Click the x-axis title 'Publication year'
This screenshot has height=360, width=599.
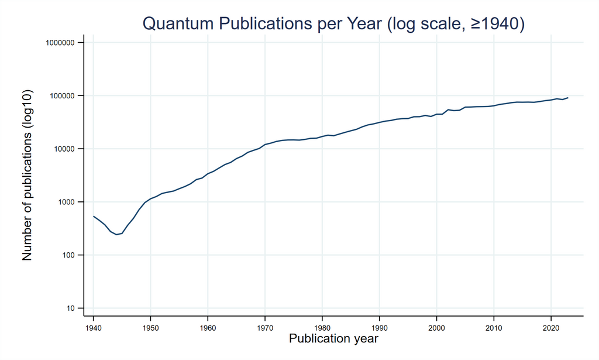tap(334, 339)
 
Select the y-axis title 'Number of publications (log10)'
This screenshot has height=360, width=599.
tap(27, 176)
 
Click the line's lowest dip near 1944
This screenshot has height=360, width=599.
tap(116, 235)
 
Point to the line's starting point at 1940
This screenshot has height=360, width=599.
tap(94, 217)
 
